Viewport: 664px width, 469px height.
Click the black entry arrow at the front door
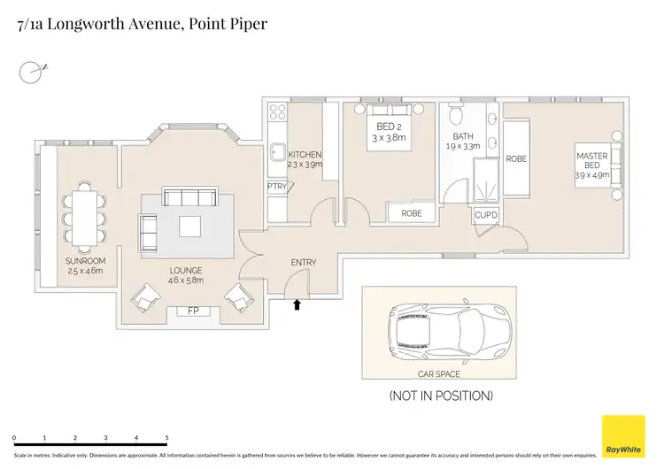[x=297, y=305]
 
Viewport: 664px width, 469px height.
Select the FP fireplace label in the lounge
[x=193, y=311]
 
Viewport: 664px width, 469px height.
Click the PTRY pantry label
[x=277, y=187]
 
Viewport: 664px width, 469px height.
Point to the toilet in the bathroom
[x=455, y=116]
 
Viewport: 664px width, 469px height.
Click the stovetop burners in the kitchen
[x=275, y=111]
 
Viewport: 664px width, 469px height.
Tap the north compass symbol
[x=31, y=70]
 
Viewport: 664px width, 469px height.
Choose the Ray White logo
[x=623, y=437]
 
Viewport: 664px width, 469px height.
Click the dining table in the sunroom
[x=85, y=215]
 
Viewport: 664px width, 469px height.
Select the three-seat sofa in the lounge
[x=191, y=197]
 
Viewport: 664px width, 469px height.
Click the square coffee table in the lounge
[x=191, y=227]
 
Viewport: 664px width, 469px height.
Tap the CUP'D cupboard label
[x=486, y=215]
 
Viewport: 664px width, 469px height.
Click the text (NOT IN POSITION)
[x=441, y=396]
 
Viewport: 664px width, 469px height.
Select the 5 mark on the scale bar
[x=166, y=438]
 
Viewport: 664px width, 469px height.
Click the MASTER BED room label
[x=592, y=161]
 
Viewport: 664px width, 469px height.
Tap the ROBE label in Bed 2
[x=412, y=213]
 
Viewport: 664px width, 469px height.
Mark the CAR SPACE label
[x=439, y=373]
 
